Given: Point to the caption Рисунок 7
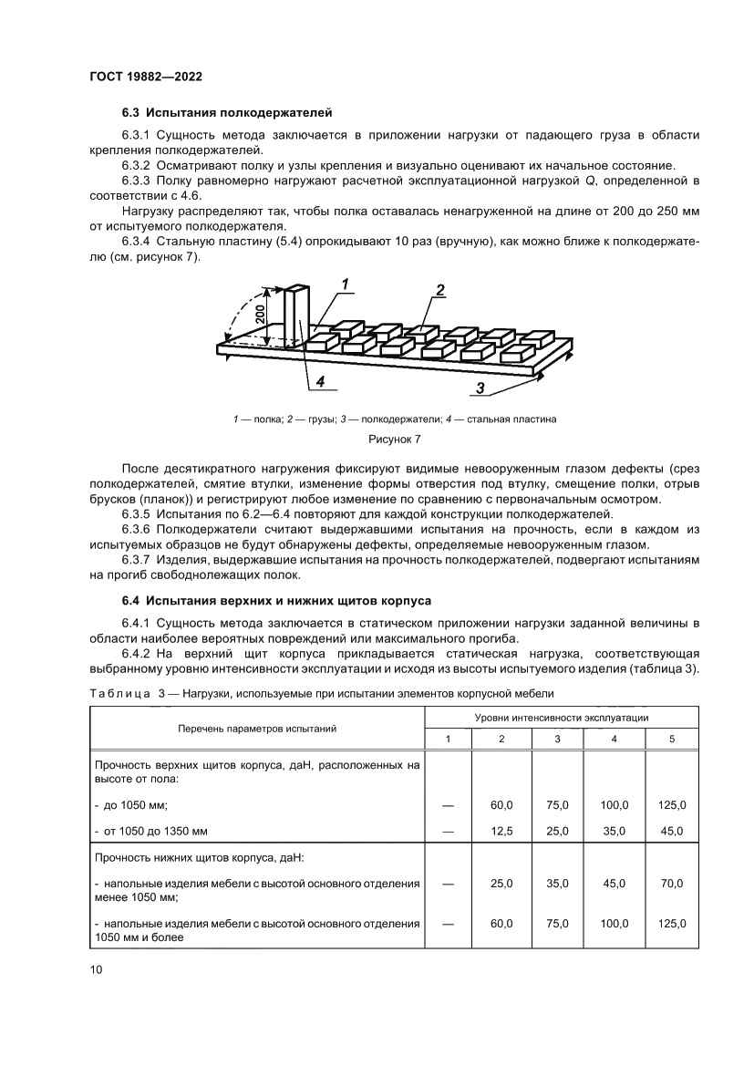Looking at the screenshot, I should coord(394,440).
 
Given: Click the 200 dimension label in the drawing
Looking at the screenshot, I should coord(261,315).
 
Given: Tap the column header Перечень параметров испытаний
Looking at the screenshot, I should coord(257,729).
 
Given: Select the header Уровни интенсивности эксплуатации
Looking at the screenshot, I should coord(562,719).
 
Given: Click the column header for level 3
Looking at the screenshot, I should coord(557,739).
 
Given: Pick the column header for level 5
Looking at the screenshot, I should coord(671,739).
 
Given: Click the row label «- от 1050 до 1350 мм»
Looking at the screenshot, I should coord(151,831).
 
